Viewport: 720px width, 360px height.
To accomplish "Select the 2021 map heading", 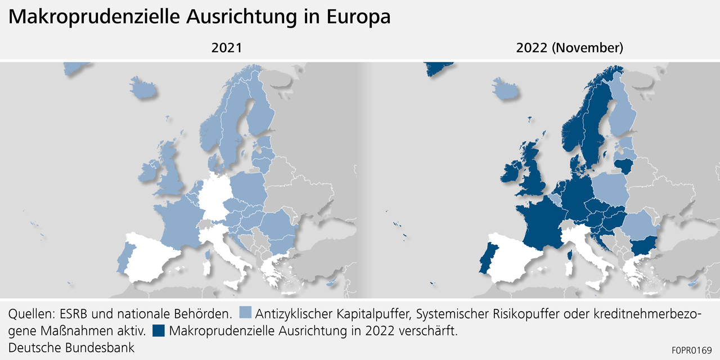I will coord(226,48).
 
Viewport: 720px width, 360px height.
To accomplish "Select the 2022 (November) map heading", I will coord(569,48).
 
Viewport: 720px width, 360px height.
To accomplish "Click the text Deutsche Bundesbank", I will coord(71,347).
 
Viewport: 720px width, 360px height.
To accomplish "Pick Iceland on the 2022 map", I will coord(506,88).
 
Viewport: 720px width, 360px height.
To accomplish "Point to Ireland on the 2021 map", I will coord(148,171).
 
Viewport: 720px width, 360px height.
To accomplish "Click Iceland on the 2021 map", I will coord(143,88).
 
